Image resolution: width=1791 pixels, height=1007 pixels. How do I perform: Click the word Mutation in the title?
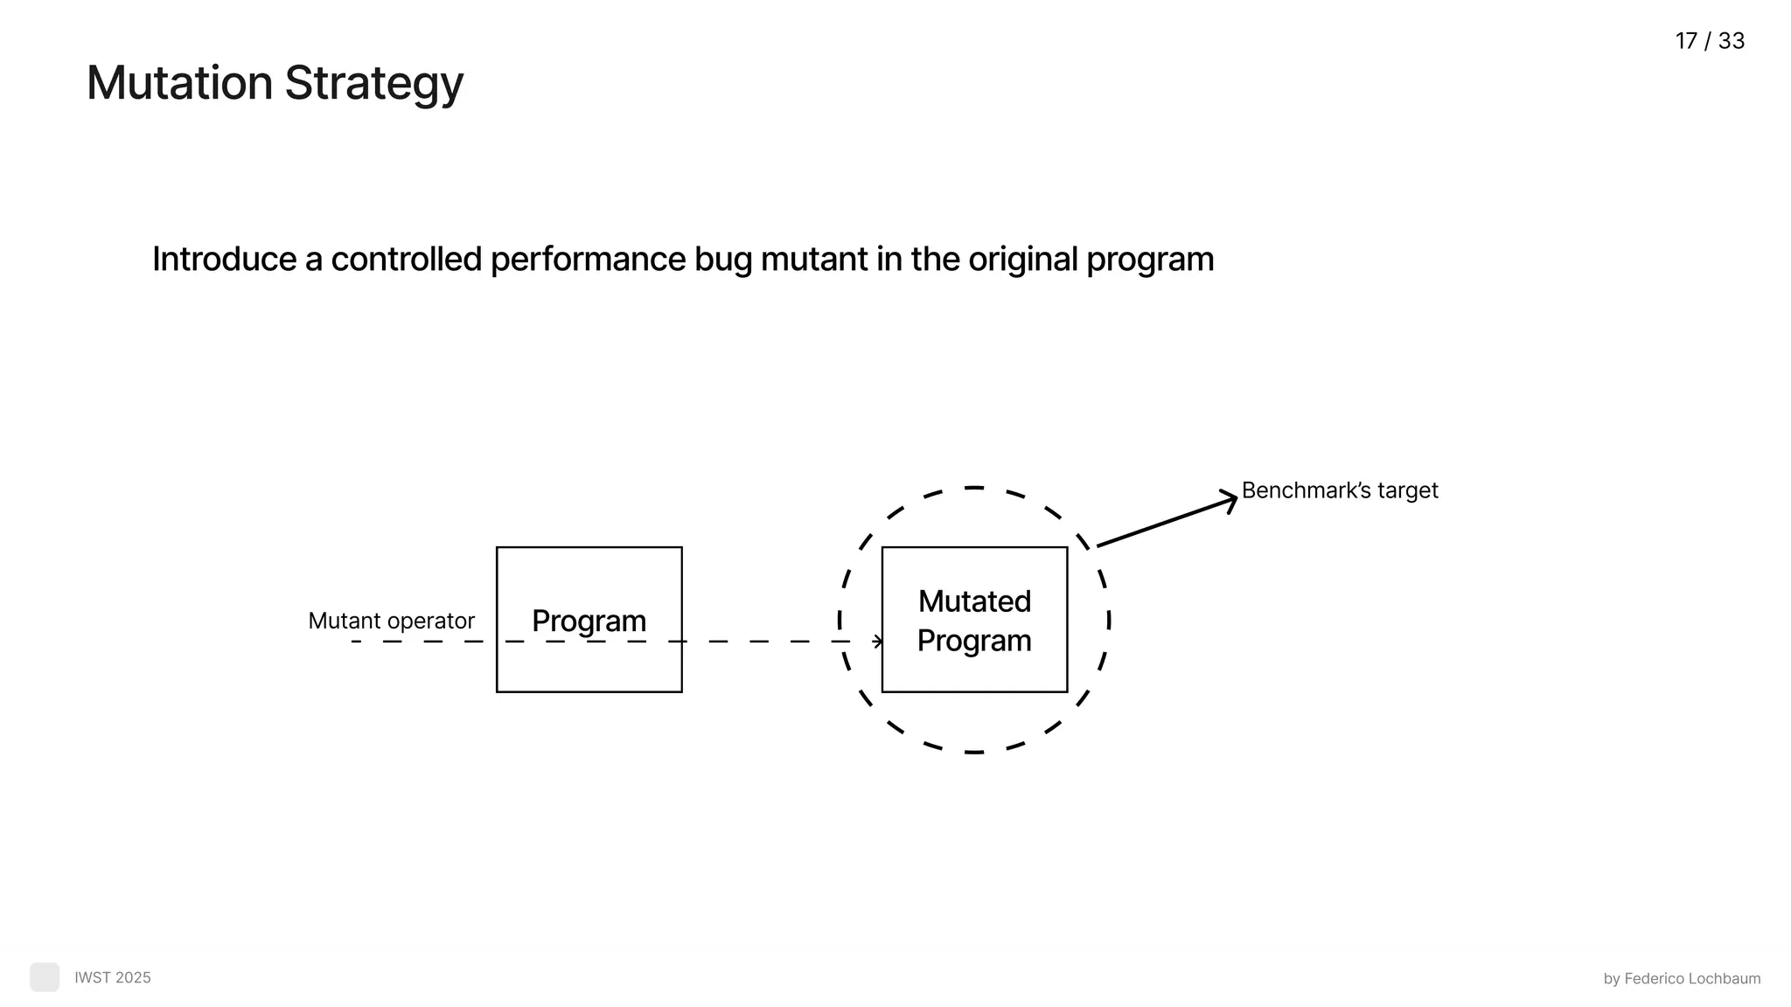(x=179, y=83)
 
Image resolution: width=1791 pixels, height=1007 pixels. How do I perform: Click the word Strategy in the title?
(x=373, y=85)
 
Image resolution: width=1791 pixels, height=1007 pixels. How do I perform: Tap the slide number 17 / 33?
(x=1709, y=41)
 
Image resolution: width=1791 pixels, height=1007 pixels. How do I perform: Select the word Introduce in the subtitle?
(x=224, y=260)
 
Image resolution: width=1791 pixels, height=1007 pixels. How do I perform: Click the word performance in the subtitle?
(x=587, y=260)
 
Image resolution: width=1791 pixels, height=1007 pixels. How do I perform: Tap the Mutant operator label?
(x=391, y=621)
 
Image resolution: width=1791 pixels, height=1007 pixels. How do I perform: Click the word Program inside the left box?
(x=589, y=621)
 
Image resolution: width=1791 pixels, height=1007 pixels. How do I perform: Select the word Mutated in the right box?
(x=974, y=601)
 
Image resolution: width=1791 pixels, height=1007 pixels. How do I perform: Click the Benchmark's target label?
(x=1339, y=490)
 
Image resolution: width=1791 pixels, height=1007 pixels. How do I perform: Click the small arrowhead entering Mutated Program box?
(x=878, y=642)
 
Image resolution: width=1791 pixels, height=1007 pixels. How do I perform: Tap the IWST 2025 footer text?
(x=112, y=977)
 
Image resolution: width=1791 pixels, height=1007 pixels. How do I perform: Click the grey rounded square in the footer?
(x=45, y=977)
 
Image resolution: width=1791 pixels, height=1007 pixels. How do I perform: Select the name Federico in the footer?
(x=1653, y=979)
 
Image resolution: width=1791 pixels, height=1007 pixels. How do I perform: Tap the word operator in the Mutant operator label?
(x=435, y=622)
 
